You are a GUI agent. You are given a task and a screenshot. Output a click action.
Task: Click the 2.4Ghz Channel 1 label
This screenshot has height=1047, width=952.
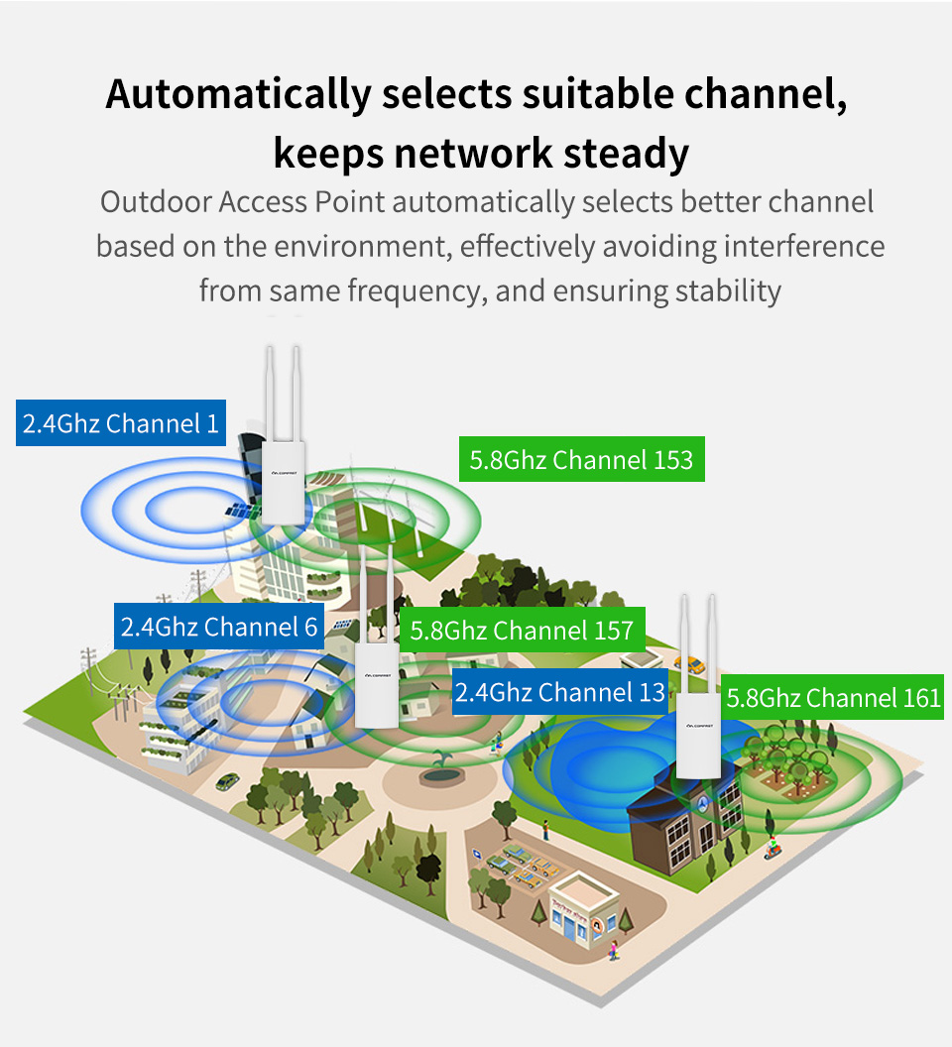pos(121,424)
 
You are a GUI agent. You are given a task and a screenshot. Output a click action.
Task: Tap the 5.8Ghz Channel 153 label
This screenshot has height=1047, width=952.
pos(581,460)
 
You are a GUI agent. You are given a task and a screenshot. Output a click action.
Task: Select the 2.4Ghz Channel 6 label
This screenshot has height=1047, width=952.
pos(219,627)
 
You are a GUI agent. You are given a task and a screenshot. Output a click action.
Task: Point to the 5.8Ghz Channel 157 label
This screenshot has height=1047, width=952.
pos(522,631)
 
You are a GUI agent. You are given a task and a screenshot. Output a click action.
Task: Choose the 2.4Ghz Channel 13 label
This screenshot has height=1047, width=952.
pos(559,692)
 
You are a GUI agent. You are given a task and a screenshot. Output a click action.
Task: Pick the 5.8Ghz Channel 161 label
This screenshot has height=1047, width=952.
pos(833,698)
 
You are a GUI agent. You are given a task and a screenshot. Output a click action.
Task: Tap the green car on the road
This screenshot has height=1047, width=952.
pos(227,781)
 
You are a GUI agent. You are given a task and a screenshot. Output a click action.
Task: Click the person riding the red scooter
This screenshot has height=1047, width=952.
pos(773,848)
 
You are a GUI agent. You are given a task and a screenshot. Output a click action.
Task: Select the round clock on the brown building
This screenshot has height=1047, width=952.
pos(703,800)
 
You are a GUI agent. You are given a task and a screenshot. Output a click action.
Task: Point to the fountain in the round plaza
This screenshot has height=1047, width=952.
pos(441,763)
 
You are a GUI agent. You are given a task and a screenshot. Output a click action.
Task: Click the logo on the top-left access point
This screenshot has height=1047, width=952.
pos(284,475)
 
